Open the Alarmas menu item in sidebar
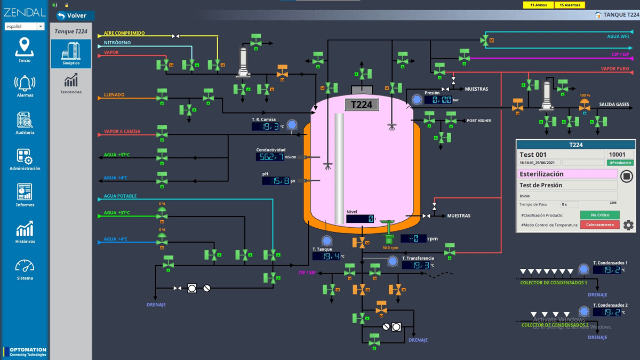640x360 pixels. tap(25, 86)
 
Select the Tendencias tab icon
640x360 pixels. tap(71, 84)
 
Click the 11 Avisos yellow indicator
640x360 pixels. tap(538, 5)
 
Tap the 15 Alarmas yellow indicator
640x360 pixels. tap(570, 5)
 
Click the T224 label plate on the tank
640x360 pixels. tap(362, 105)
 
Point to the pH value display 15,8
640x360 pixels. tap(276, 181)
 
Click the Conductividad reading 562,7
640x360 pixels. tap(270, 157)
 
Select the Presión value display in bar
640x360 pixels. tap(438, 100)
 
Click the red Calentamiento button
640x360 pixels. tap(599, 225)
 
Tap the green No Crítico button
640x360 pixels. tap(599, 215)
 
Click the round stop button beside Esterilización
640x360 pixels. tap(627, 175)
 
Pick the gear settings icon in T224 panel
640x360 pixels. tap(628, 225)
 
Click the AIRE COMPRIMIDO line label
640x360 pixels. tap(124, 33)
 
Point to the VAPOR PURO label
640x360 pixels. tap(614, 69)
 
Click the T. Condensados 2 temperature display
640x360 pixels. tap(606, 312)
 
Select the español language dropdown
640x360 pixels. tap(25, 26)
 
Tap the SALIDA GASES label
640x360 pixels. tap(613, 105)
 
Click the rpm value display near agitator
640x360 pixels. tap(413, 238)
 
